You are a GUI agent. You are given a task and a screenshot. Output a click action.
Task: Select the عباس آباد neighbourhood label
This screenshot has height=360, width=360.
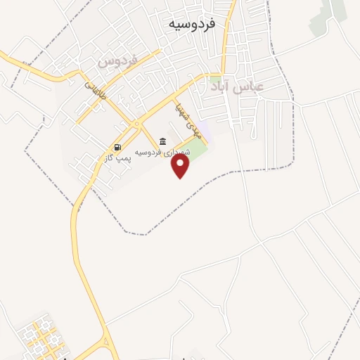[x=237, y=86]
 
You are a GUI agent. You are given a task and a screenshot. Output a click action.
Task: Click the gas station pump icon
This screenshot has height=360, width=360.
[x=117, y=147]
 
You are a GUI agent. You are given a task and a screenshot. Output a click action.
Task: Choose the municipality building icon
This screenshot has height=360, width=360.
[x=163, y=141]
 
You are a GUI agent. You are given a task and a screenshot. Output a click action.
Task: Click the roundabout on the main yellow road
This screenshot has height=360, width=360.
[x=136, y=124]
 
